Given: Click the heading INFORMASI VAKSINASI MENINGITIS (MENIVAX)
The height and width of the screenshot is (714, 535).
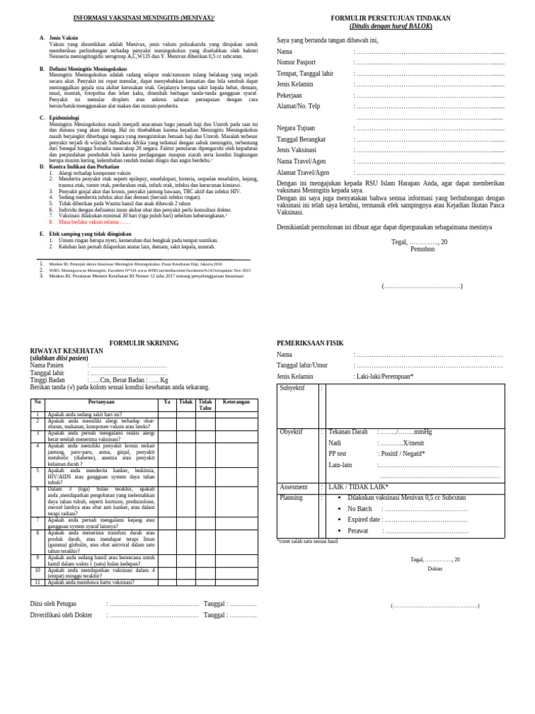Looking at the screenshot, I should pos(144,18).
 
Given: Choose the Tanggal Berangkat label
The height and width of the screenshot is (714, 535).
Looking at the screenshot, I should pos(302,139).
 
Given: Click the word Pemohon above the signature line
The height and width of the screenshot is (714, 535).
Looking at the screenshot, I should pos(422,249).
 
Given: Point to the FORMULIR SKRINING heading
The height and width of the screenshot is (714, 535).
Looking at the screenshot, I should pos(144,343).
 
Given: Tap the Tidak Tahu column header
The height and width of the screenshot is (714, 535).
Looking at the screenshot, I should pos(205,405).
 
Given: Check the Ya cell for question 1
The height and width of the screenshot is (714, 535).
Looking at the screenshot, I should pos(166,415).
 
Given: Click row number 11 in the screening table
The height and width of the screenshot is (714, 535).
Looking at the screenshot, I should pos(38,582).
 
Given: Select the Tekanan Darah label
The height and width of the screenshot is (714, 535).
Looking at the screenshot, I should pos(348,432).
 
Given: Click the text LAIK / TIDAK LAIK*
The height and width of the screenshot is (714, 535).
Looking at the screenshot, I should pos(358,487).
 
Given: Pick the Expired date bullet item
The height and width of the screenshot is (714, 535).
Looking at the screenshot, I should pos(364,519).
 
